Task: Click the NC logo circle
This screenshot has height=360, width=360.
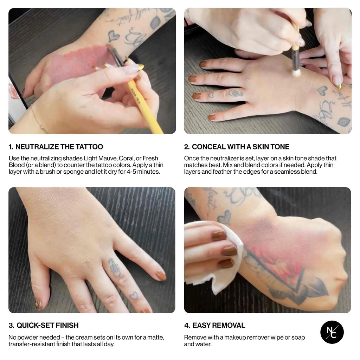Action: pyautogui.click(x=332, y=332)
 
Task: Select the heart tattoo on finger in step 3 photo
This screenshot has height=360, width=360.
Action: pyautogui.click(x=133, y=296)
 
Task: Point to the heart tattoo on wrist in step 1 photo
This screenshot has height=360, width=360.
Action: pyautogui.click(x=113, y=36)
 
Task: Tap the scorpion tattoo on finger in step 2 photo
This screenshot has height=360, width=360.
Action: pyautogui.click(x=235, y=94)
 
